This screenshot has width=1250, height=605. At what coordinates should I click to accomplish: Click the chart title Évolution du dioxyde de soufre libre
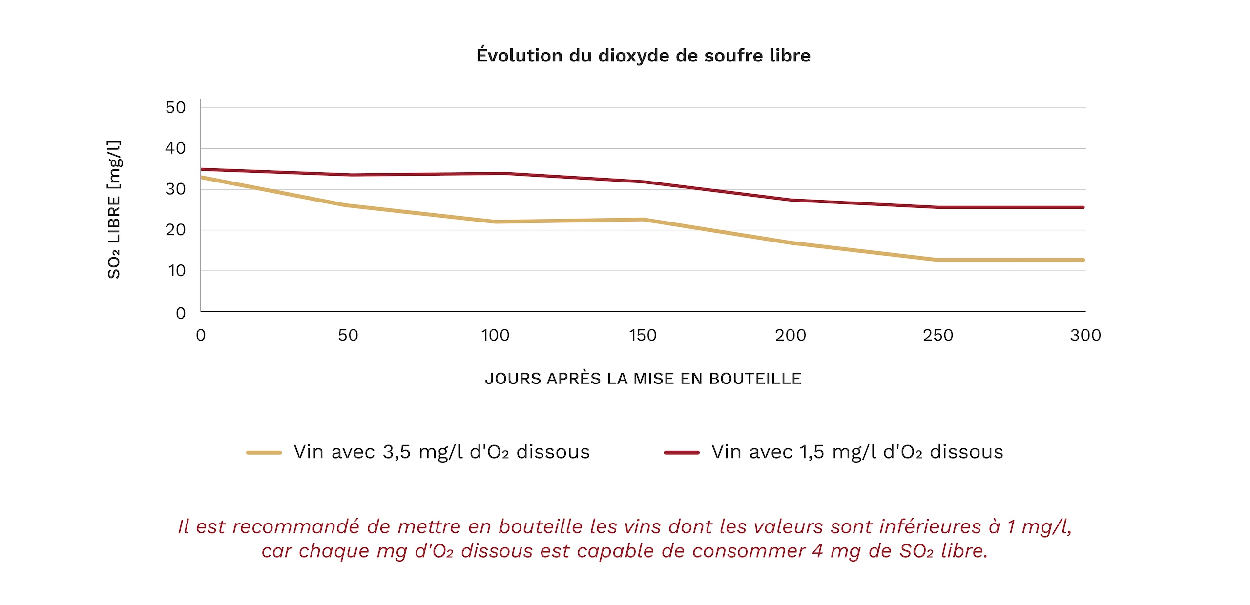(643, 55)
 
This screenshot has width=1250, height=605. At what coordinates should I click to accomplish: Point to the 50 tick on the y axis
(175, 107)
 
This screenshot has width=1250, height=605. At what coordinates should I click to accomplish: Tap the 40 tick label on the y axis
(175, 148)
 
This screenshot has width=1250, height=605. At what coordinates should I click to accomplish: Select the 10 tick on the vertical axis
(177, 271)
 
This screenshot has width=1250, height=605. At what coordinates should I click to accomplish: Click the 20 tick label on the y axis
(175, 230)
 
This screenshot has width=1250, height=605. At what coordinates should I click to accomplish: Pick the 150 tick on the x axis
(643, 335)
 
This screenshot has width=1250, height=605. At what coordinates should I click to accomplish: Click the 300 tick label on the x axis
(1085, 335)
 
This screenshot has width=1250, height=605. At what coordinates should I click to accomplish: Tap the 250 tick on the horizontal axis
(937, 335)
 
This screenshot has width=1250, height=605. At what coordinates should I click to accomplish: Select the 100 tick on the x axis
(495, 335)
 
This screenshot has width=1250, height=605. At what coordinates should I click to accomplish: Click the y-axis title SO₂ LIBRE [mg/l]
(114, 210)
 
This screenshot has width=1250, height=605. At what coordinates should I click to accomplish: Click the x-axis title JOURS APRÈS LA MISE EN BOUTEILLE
(643, 379)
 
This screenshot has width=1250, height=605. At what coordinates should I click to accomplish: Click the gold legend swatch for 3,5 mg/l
(264, 452)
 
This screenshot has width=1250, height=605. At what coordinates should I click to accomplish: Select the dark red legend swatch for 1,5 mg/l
(682, 452)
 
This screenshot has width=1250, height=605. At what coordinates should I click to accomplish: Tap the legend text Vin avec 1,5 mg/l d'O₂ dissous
(857, 452)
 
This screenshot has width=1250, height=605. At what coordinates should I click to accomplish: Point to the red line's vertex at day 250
(937, 207)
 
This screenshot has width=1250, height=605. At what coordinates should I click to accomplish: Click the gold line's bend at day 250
(937, 260)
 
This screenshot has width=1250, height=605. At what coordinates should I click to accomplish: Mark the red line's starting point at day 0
(202, 169)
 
